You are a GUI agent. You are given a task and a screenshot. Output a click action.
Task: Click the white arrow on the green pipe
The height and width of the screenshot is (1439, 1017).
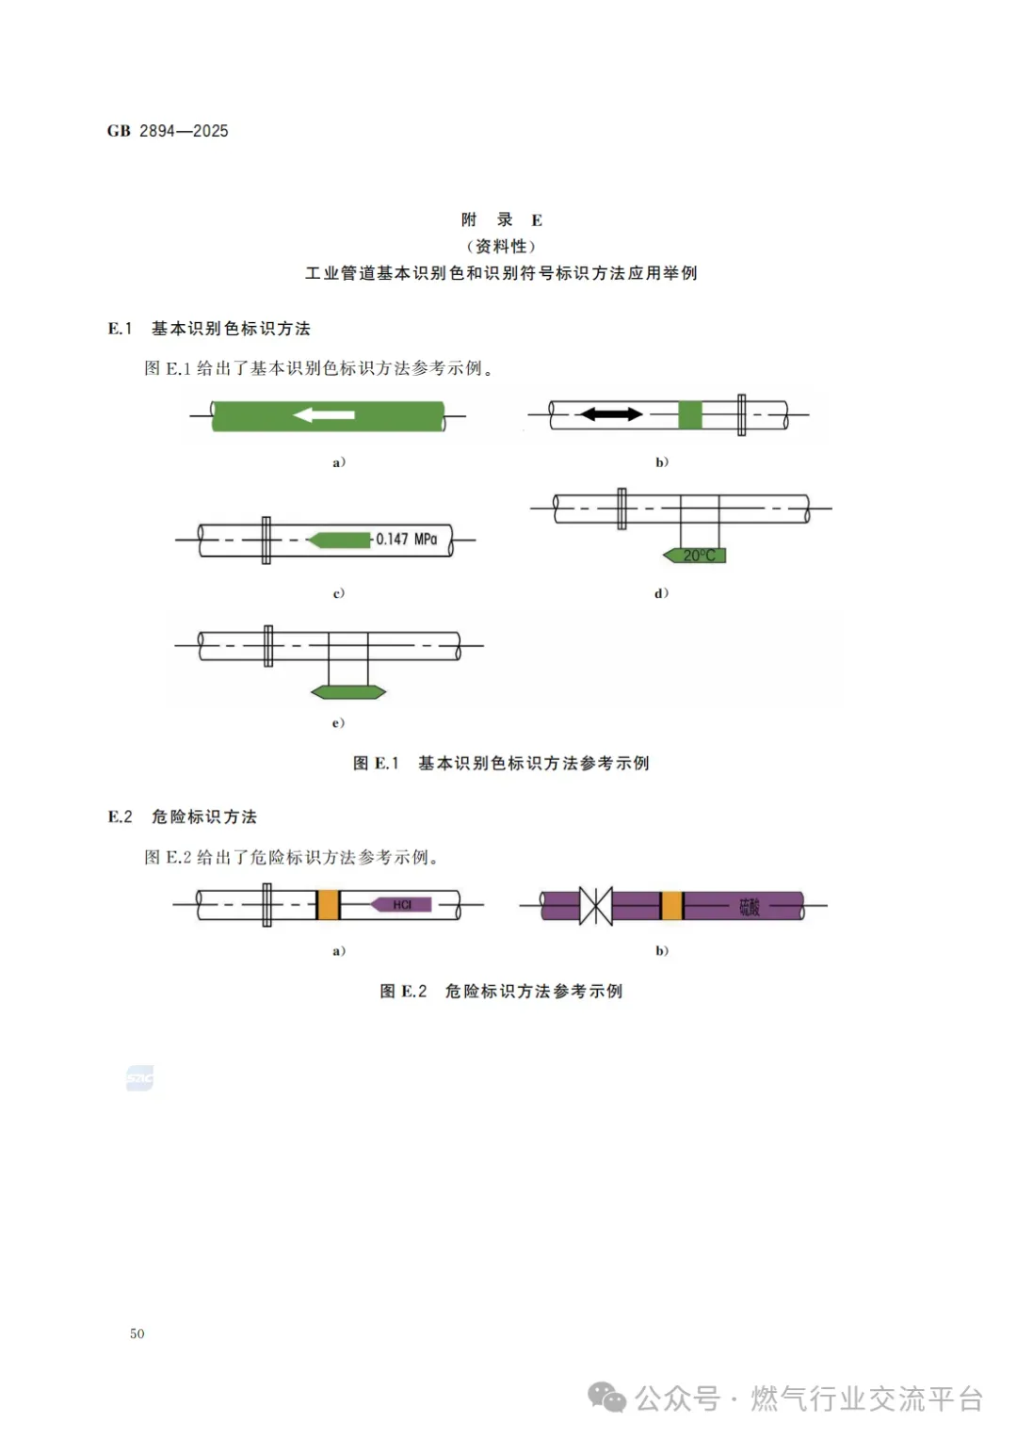coord(324,414)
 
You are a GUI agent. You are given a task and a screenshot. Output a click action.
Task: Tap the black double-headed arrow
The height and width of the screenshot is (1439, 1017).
coord(610,413)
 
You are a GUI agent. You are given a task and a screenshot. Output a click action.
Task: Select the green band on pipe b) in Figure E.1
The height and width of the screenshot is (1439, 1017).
coord(690,414)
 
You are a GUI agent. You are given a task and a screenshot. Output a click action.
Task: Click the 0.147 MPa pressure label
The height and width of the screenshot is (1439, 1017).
coord(407,540)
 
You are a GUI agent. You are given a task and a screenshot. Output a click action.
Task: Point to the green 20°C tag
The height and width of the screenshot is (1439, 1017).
coord(696,556)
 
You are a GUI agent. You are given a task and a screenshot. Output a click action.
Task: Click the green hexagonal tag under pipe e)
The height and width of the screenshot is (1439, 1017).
coord(348,692)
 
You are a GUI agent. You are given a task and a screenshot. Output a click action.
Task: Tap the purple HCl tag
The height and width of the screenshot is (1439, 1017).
coord(401,905)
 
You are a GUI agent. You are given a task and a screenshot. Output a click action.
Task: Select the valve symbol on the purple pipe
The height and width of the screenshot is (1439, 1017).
coord(595,906)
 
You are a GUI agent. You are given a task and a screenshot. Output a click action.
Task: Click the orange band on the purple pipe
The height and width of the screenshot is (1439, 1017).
coord(671,906)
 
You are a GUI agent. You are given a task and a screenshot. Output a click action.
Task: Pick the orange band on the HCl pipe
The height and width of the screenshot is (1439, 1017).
coord(328,905)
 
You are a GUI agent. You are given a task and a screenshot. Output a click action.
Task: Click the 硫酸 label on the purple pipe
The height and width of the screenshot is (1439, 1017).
coord(750,907)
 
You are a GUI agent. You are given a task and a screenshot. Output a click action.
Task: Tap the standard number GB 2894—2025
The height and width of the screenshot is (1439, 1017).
coord(168,131)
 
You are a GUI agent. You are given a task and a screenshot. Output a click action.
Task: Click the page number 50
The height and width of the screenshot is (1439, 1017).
coord(137,1334)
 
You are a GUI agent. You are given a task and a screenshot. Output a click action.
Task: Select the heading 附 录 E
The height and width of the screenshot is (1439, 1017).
coord(501,220)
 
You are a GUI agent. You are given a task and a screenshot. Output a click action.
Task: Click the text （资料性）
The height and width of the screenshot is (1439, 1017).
coord(501,247)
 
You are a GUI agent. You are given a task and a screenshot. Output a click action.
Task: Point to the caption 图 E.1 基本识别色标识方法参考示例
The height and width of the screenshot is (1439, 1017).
coord(501,763)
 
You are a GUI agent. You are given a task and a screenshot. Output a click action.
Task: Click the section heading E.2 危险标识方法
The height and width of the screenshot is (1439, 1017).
coord(183,817)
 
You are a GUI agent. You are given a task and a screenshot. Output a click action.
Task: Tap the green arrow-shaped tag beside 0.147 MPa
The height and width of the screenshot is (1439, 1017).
coord(339,540)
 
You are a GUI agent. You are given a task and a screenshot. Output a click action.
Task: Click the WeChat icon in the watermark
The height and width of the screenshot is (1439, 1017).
coord(606,1398)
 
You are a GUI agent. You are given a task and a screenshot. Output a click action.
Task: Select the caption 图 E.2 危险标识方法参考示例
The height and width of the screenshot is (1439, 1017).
coord(501,991)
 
